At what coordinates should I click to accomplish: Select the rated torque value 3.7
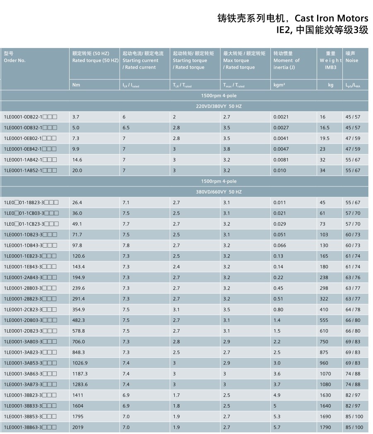pyautogui.click(x=76, y=117)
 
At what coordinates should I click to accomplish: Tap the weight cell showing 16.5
pyautogui.click(x=325, y=128)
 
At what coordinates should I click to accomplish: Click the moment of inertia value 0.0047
pyautogui.click(x=281, y=149)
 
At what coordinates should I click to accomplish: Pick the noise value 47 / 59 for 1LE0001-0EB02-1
pyautogui.click(x=353, y=138)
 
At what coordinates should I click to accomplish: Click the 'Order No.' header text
pyautogui.click(x=15, y=60)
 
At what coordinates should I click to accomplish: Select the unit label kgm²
pyautogui.click(x=279, y=85)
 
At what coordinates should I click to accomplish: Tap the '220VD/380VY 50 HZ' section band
pyautogui.click(x=219, y=106)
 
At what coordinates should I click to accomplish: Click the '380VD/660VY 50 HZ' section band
pyautogui.click(x=219, y=192)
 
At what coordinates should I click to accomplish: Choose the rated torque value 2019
pyautogui.click(x=78, y=427)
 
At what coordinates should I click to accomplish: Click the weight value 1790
pyautogui.click(x=325, y=427)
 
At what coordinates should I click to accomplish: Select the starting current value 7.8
pyautogui.click(x=126, y=246)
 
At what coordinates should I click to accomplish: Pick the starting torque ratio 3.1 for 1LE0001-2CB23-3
pyautogui.click(x=176, y=310)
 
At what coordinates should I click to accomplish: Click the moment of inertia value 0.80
pyautogui.click(x=278, y=310)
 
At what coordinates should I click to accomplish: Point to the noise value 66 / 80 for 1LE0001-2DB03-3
pyautogui.click(x=353, y=321)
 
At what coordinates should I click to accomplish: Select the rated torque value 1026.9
pyautogui.click(x=80, y=363)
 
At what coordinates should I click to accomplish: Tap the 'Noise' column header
pyautogui.click(x=352, y=60)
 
